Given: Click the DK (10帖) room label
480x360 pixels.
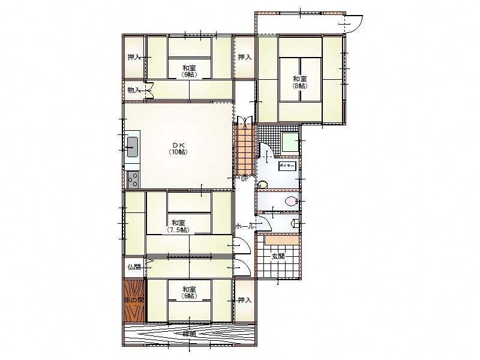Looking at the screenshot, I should tap(178, 148).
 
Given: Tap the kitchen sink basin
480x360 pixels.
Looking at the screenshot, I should tap(132, 146).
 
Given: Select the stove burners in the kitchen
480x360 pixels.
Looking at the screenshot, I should tap(132, 178).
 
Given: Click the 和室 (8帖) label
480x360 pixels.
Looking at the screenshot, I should tap(300, 82).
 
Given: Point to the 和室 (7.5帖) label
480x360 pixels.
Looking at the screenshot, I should tap(177, 226).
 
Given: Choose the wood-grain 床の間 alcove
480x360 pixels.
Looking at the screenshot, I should tap(134, 300).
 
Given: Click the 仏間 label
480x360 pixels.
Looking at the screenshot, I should tap(134, 267).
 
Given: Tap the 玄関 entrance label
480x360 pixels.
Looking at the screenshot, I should tap(278, 256).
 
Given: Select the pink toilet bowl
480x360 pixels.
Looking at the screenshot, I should tap(291, 202).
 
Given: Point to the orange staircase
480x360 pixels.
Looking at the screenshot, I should tap(244, 150).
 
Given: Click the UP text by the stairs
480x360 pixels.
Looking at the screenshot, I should tap(244, 178).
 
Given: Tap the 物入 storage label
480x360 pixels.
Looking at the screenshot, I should tap(134, 90).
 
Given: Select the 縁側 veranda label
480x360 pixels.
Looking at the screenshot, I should tap(189, 333).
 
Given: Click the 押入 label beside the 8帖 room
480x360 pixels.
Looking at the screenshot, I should tap(244, 57).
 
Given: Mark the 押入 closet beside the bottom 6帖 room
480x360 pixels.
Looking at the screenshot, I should tap(244, 300).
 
